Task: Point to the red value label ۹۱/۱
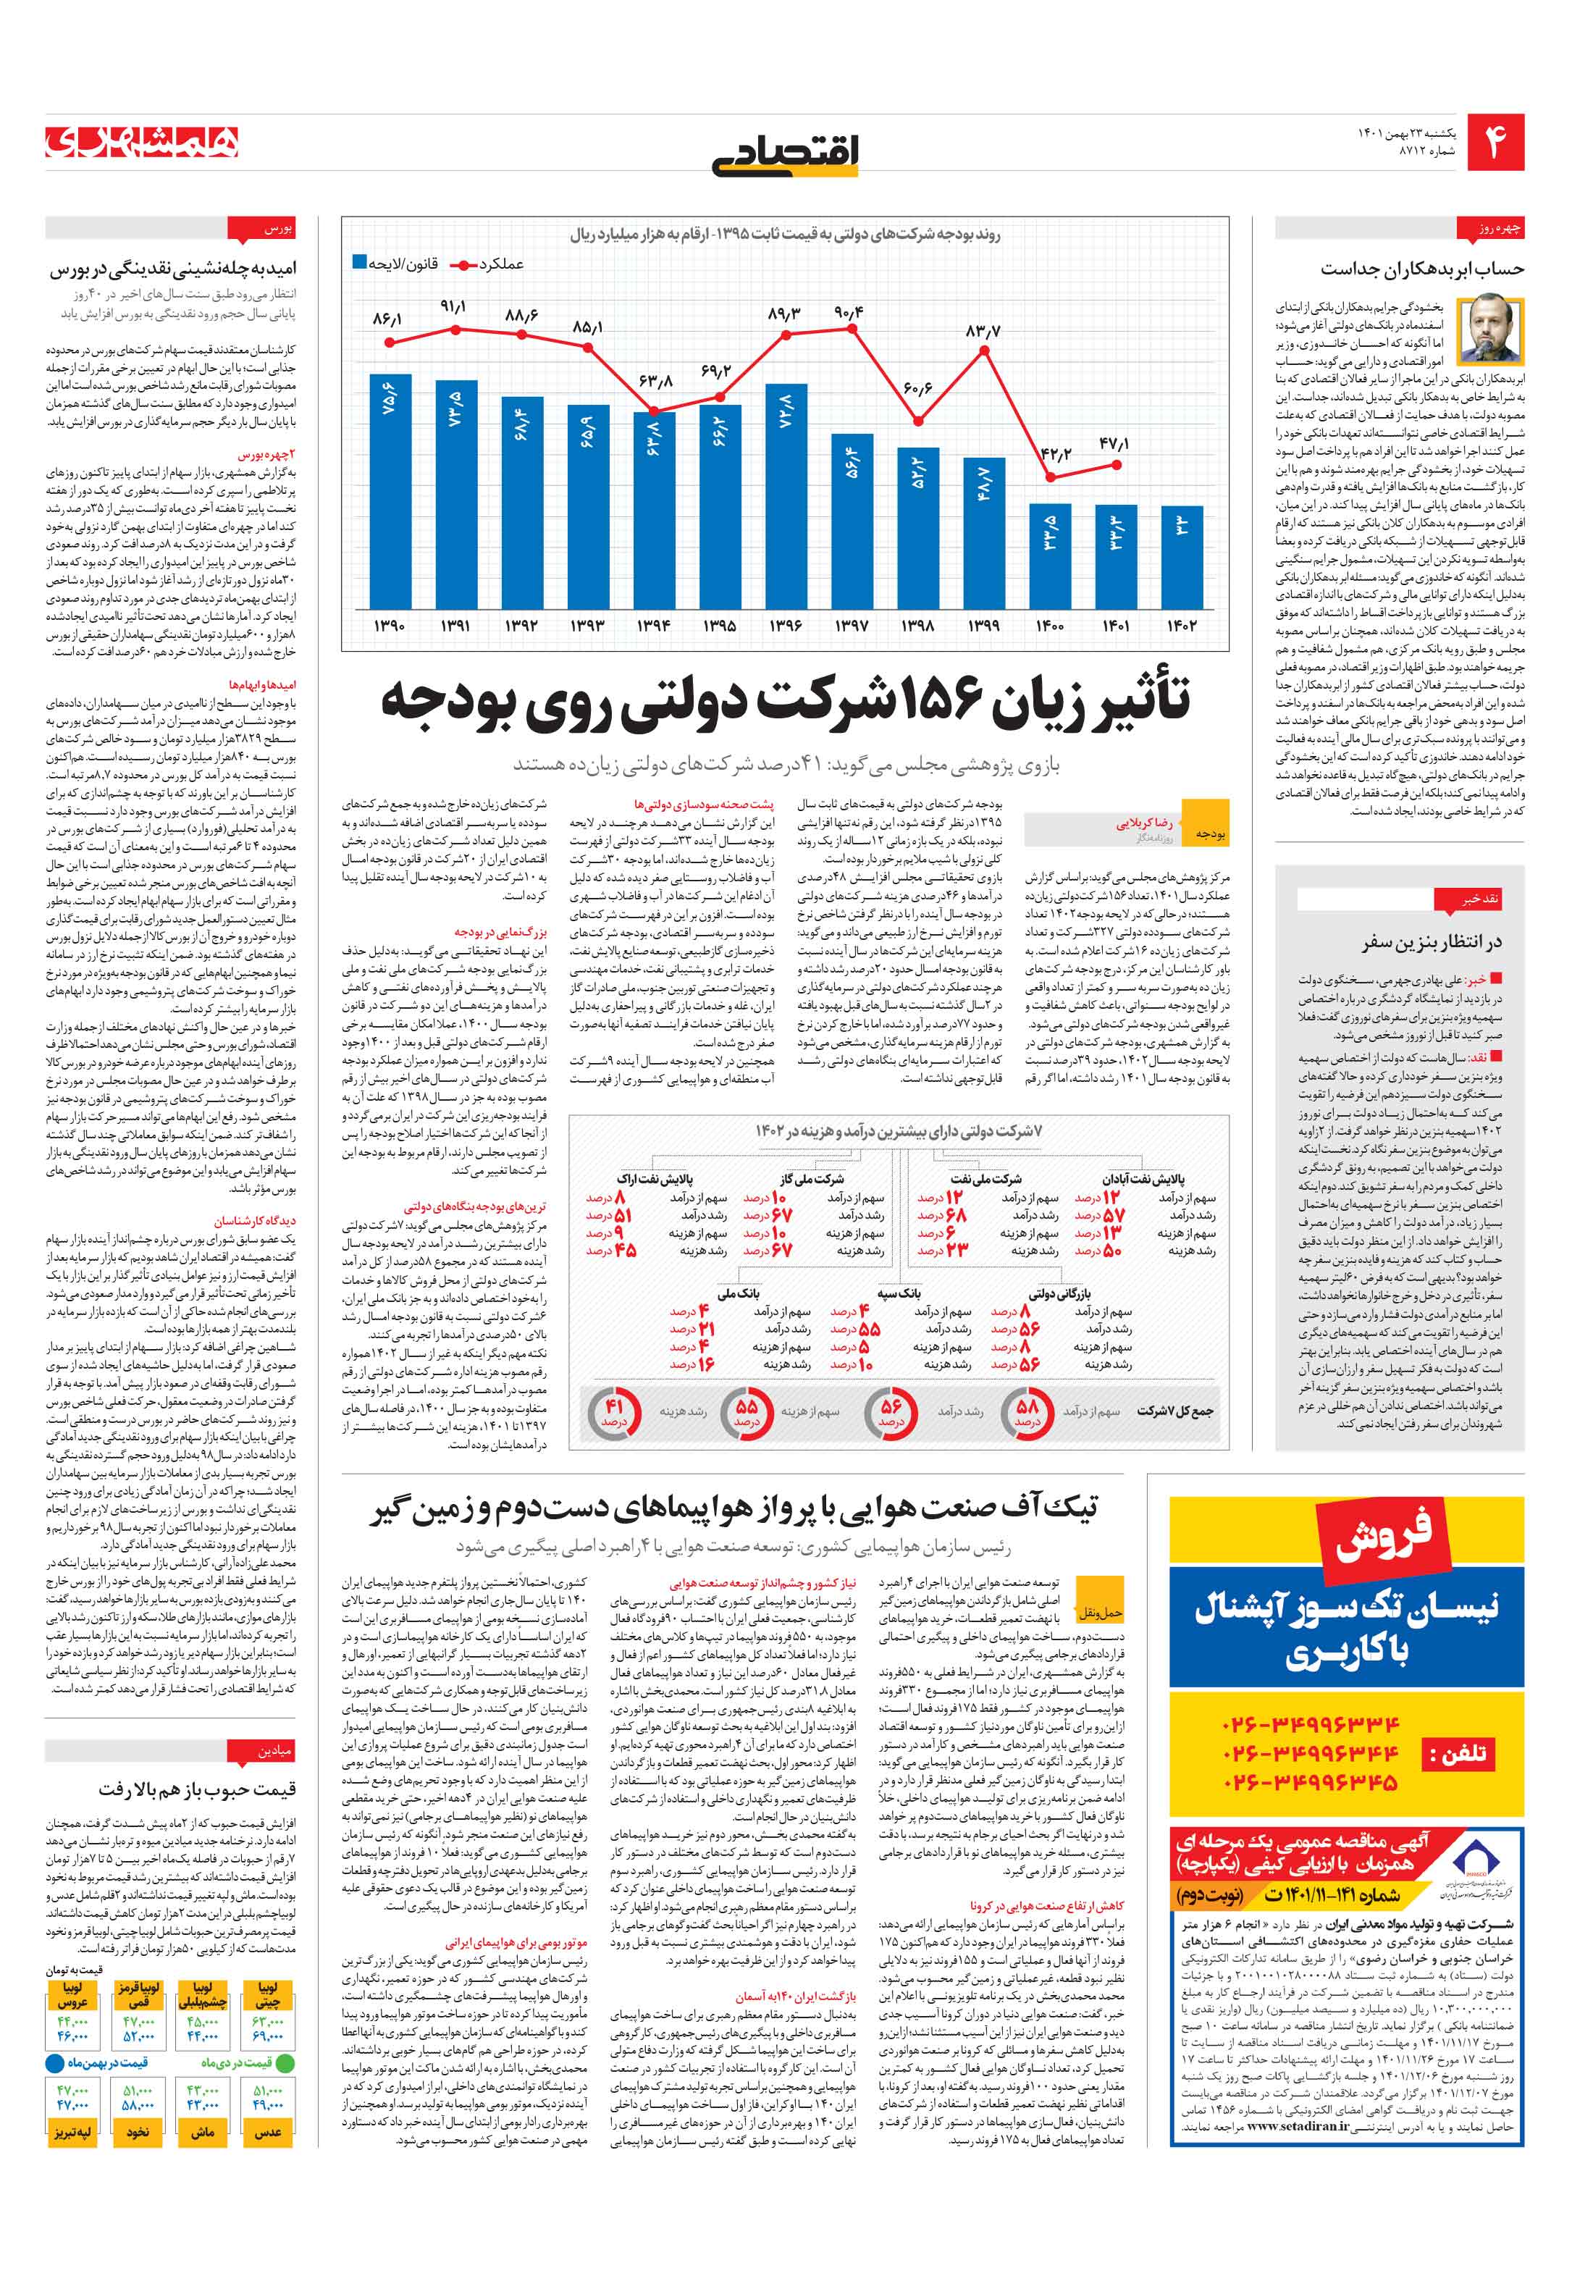[453, 307]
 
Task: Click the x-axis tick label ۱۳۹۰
[390, 626]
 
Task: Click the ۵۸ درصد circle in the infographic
[1027, 1410]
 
